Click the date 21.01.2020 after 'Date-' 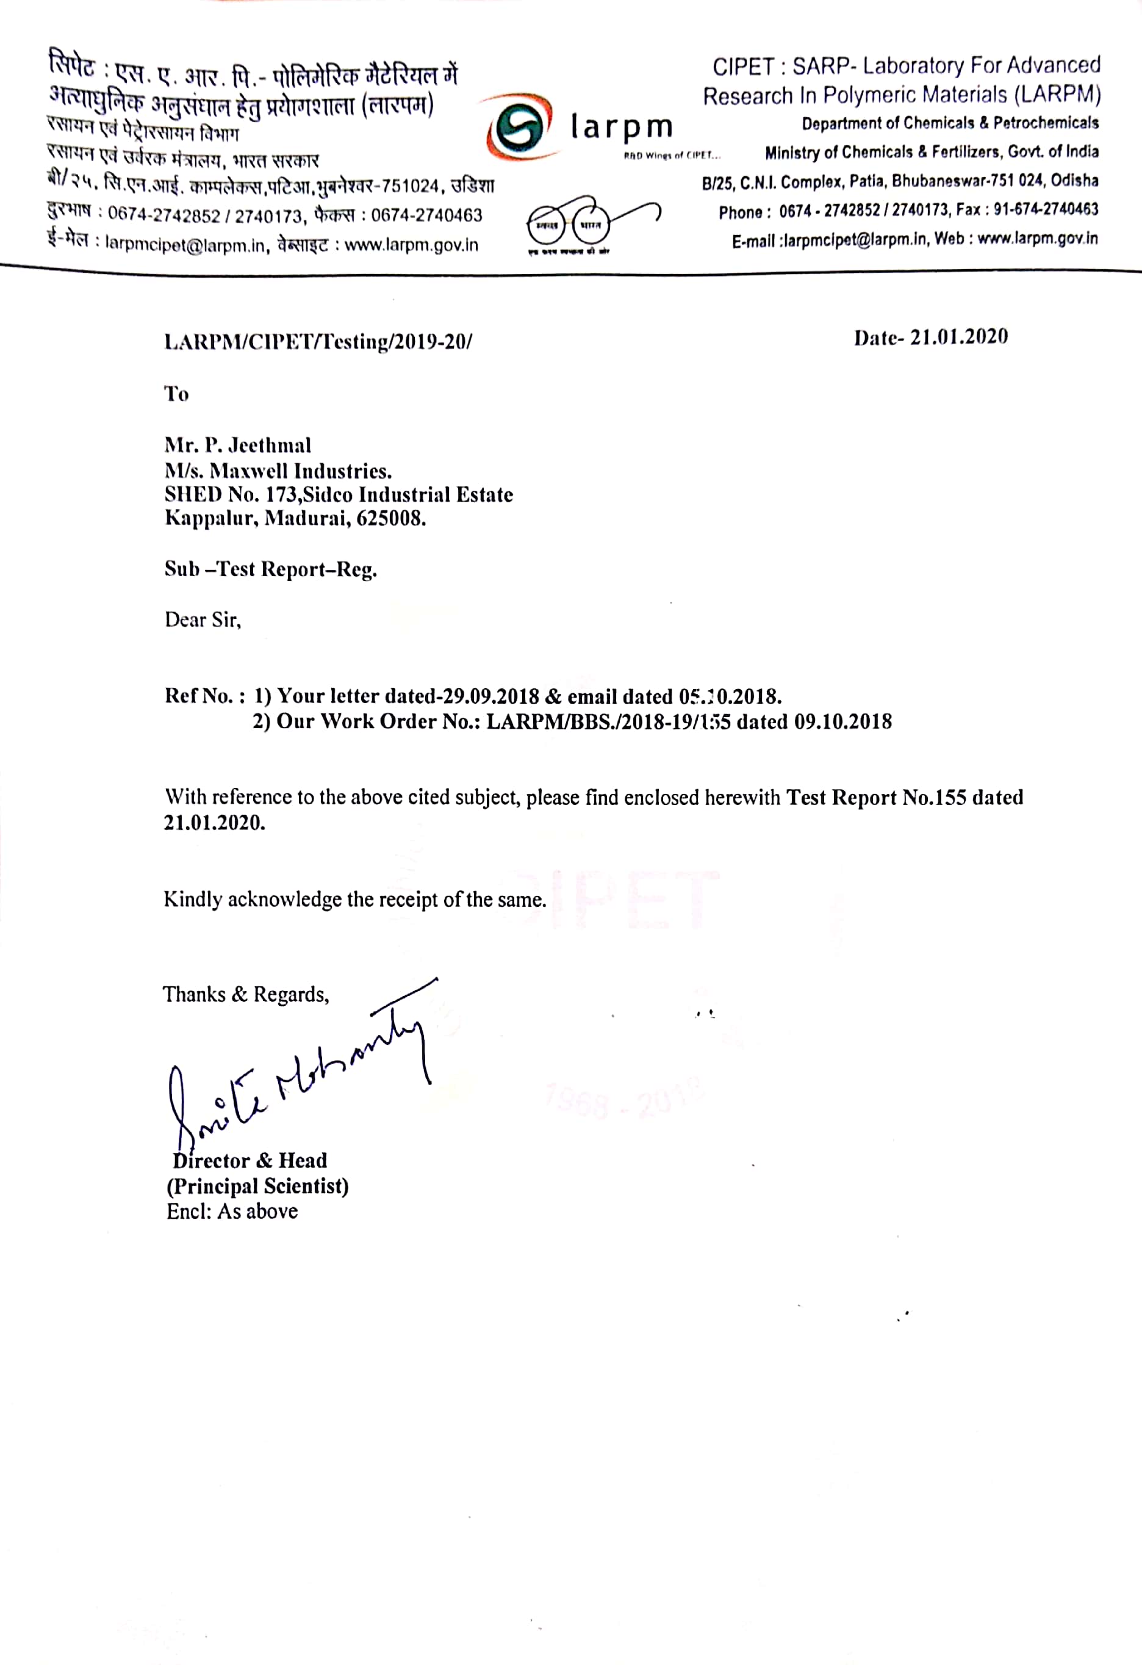[959, 337]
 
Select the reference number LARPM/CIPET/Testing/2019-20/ [318, 342]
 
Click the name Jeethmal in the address [269, 446]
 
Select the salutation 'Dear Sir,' [203, 619]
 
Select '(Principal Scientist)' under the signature [258, 1186]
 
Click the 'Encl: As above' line [232, 1212]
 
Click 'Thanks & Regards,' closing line [246, 994]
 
